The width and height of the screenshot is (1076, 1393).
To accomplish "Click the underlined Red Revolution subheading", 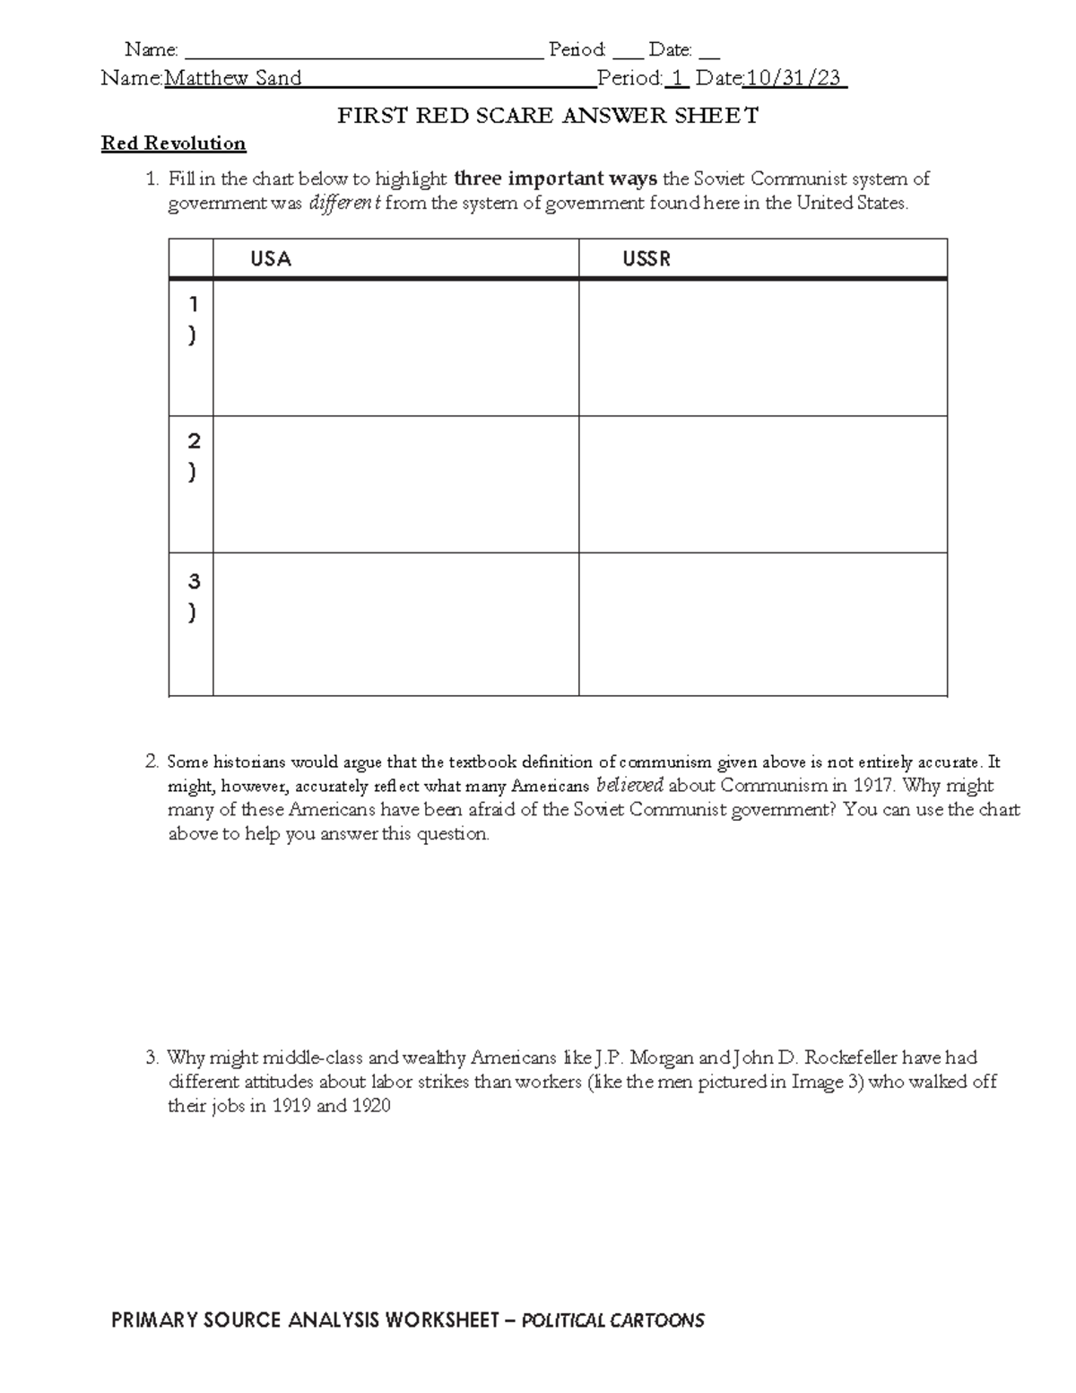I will click(173, 144).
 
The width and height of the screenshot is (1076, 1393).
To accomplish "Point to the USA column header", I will click(271, 259).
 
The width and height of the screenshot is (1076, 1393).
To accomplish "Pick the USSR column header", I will click(646, 259).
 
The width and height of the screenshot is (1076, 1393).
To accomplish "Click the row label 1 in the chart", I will click(193, 306).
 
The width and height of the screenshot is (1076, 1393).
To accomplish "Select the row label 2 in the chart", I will click(193, 441).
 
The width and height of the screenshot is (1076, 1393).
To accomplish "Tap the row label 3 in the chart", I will click(193, 581).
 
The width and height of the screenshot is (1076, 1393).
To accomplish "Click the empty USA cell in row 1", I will click(395, 348).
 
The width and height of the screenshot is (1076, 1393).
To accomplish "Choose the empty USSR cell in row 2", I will click(762, 484).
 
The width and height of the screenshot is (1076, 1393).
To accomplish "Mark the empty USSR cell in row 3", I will click(762, 623).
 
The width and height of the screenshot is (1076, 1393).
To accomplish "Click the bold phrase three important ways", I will click(556, 178).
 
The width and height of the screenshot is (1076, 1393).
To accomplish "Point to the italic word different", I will click(345, 203).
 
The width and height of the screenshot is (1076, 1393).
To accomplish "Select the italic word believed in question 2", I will click(629, 786).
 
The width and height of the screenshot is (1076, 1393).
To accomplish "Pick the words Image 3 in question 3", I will click(817, 1082).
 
